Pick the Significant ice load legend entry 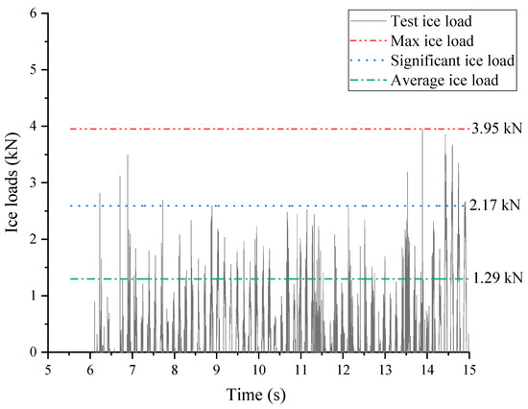(x=442, y=60)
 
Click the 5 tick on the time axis (x=48, y=370)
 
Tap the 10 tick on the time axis (x=258, y=370)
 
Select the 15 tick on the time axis (x=468, y=370)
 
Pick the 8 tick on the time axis (x=174, y=370)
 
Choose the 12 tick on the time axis (x=343, y=370)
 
